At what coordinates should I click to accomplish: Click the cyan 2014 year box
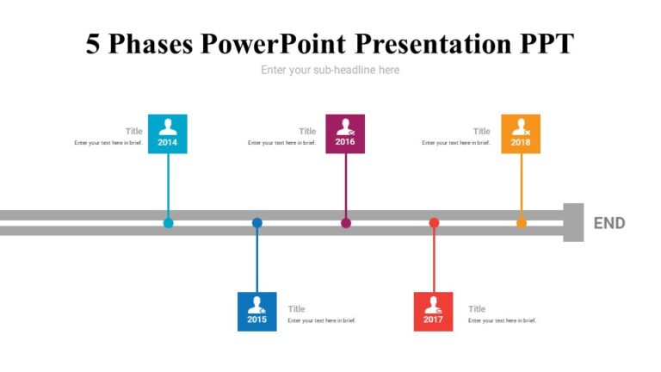(167, 133)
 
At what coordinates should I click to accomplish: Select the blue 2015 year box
(256, 311)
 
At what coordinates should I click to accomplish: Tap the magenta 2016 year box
(344, 133)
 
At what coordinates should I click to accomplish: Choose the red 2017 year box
(433, 311)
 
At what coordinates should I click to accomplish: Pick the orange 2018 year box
(521, 133)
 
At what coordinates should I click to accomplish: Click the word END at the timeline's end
(609, 223)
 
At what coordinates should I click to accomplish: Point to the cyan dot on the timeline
(168, 223)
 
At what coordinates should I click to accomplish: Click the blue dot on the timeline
(256, 223)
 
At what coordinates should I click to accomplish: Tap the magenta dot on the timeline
(345, 223)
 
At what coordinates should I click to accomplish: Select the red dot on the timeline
(434, 223)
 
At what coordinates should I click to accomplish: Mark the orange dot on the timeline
(521, 223)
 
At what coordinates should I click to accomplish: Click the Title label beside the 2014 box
(133, 132)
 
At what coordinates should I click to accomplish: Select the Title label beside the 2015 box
(297, 309)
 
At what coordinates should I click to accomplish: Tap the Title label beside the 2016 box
(307, 132)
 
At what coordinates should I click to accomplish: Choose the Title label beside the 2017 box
(477, 309)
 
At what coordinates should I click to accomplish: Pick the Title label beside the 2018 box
(481, 132)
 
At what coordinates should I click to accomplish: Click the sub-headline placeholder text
(330, 70)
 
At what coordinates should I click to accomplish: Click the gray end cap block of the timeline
(573, 222)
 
